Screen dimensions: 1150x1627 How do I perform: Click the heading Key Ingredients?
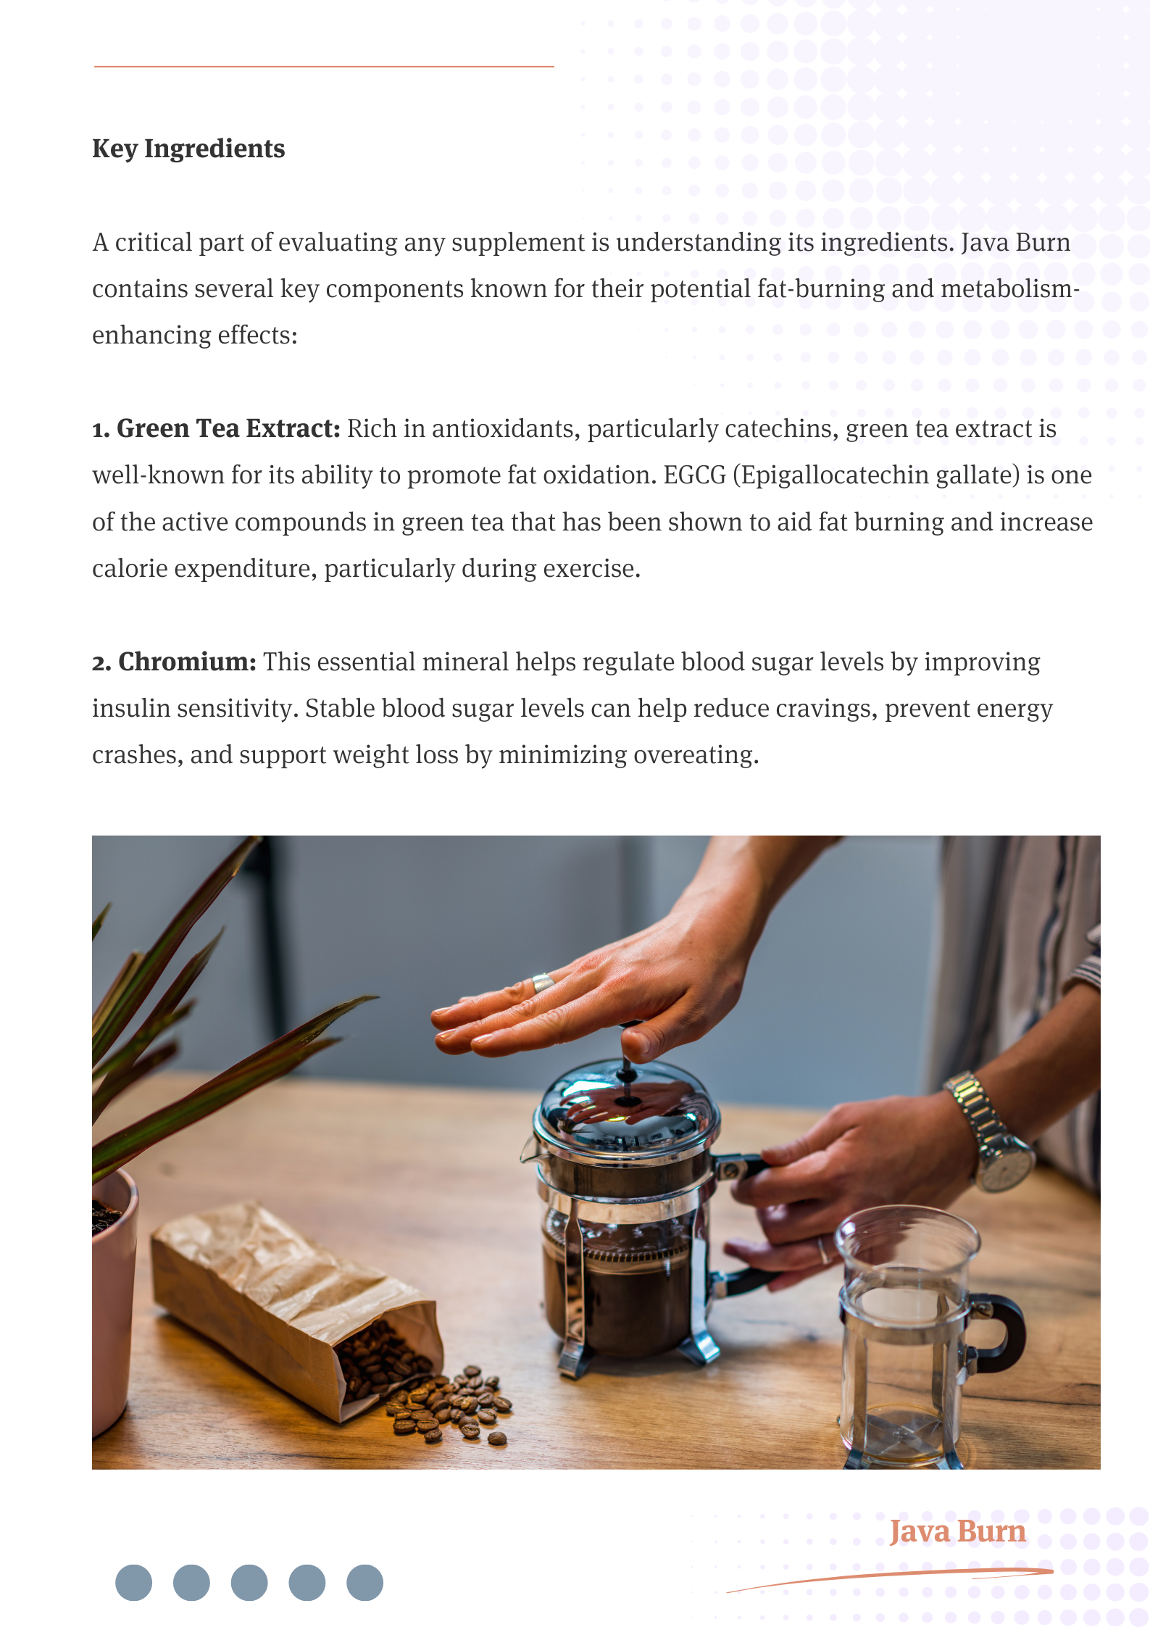pyautogui.click(x=188, y=149)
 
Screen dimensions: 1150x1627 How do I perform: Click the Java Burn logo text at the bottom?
pyautogui.click(x=957, y=1531)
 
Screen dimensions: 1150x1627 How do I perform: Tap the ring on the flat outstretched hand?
pyautogui.click(x=542, y=983)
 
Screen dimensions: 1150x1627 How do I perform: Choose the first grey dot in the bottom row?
pyautogui.click(x=133, y=1582)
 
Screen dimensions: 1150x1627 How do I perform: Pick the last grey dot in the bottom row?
pyautogui.click(x=364, y=1582)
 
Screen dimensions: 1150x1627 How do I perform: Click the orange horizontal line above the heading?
pyautogui.click(x=324, y=67)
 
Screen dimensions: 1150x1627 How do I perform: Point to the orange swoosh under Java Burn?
pyautogui.click(x=890, y=1579)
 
